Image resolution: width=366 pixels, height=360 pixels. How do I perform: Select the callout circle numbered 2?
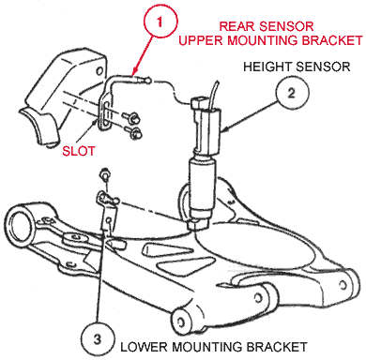click(x=291, y=92)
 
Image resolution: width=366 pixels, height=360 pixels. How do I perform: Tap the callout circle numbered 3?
click(x=98, y=333)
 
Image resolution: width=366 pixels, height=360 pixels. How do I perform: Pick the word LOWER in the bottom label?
click(x=143, y=346)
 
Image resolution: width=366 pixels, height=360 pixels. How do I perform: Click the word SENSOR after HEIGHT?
click(x=325, y=67)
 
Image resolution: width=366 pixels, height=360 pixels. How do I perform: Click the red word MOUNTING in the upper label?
click(x=287, y=43)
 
